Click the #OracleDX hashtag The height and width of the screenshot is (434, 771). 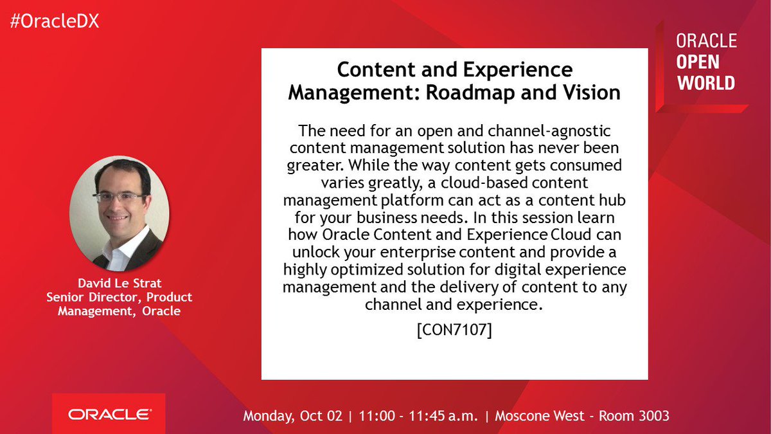pos(55,21)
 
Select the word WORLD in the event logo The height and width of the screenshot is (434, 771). pos(705,83)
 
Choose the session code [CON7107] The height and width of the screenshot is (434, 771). pos(454,331)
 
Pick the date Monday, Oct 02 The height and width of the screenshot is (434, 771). pos(292,416)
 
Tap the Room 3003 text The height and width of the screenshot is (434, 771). pos(634,416)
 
